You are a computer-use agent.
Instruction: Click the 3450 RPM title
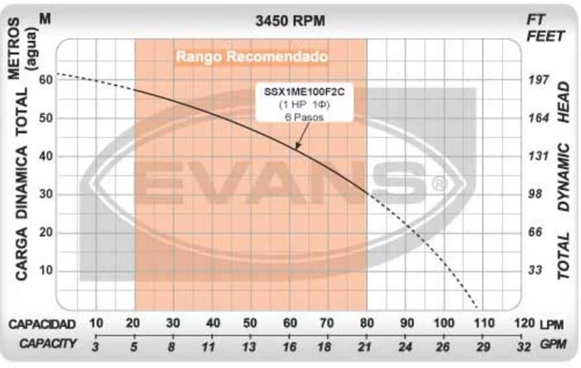coord(290,21)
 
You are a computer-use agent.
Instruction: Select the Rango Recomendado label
coord(251,57)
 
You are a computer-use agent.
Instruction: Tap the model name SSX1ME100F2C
coord(304,92)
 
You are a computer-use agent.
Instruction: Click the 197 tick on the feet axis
coord(539,80)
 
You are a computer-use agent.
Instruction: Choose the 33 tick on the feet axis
coord(535,271)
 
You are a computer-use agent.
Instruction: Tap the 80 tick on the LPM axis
coord(366,324)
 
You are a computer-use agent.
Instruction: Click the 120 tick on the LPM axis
coord(523,324)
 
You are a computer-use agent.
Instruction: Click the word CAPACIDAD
coord(42,324)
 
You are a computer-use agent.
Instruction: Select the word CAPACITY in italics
coord(48,344)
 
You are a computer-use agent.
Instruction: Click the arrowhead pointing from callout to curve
coord(297,148)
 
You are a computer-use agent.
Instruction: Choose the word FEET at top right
coord(545,36)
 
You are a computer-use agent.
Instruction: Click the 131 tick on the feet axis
coord(539,156)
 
